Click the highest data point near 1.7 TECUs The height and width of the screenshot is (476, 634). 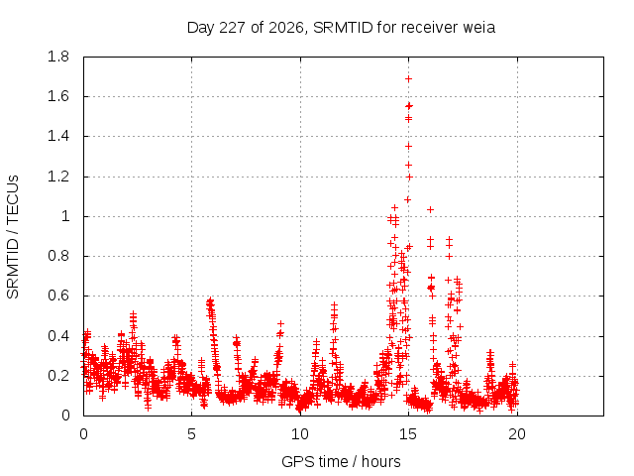click(409, 79)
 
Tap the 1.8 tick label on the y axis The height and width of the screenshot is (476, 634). click(58, 57)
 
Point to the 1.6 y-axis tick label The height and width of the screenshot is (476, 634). click(58, 96)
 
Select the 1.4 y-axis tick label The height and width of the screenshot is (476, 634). click(58, 137)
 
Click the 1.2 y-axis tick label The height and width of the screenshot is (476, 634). click(58, 177)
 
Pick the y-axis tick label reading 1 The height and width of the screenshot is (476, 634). click(65, 216)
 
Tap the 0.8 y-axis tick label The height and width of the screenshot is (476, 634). click(58, 256)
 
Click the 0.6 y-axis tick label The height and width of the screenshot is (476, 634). click(58, 296)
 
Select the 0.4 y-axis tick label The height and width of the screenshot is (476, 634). click(58, 336)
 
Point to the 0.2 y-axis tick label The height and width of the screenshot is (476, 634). click(58, 376)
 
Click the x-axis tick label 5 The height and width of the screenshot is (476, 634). click(191, 434)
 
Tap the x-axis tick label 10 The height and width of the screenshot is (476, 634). click(300, 434)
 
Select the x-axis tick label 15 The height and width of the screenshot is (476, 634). click(408, 434)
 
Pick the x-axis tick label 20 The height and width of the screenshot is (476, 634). click(517, 434)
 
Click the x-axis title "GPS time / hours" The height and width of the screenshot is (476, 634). click(341, 461)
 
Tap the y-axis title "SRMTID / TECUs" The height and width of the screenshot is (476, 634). click(13, 237)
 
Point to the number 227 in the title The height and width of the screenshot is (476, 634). click(232, 28)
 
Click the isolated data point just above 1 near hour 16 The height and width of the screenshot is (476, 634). click(431, 209)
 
